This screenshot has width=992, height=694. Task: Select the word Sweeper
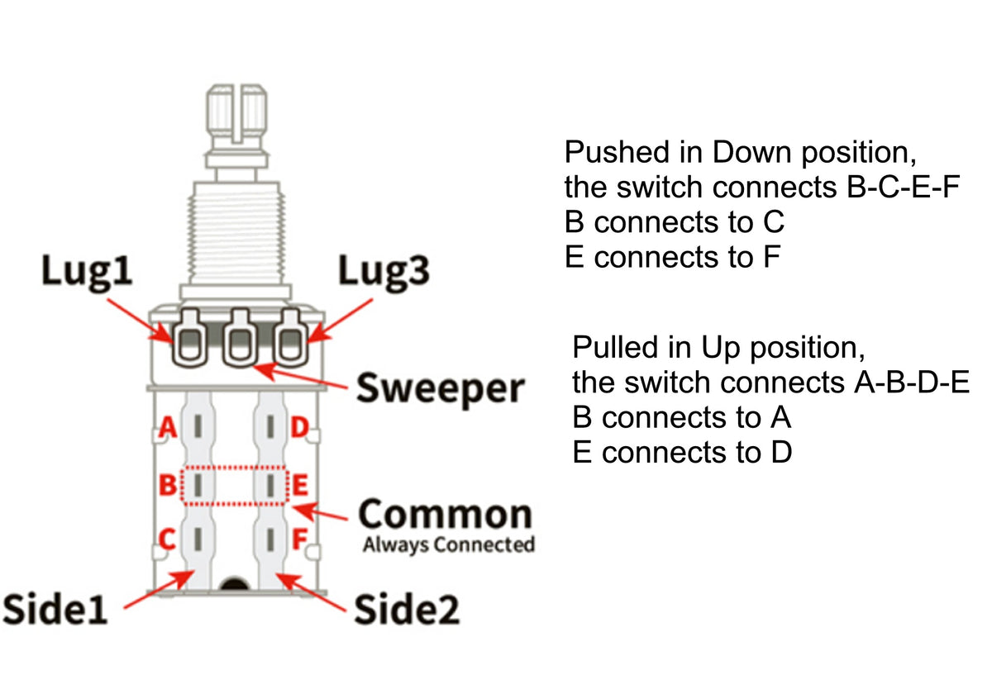point(440,387)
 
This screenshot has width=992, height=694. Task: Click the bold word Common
point(446,514)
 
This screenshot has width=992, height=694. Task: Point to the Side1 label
point(55,610)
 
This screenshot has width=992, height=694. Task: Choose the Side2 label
point(407,610)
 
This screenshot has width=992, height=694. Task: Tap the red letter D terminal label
point(299,427)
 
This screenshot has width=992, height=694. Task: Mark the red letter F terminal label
point(301,541)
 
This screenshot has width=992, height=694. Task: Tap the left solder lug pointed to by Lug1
point(189,337)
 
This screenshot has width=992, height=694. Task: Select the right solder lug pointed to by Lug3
point(290,337)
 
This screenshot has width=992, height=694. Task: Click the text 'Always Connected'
point(448,544)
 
